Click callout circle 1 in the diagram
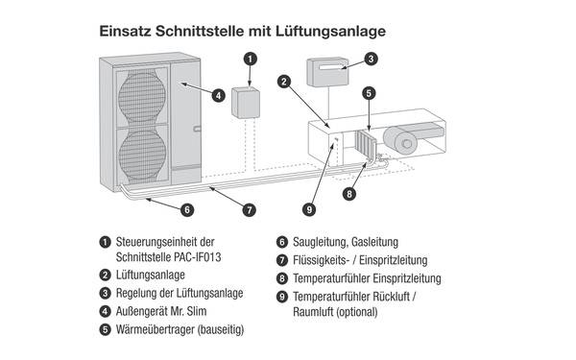[x=251, y=59]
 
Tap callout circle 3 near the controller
[x=371, y=59]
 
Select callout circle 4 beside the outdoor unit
[x=219, y=96]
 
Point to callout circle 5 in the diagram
[x=369, y=93]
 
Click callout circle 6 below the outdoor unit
[x=187, y=209]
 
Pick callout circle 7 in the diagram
[x=250, y=210]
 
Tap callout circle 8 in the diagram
[x=349, y=194]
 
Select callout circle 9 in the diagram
[x=309, y=209]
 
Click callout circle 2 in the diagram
[x=284, y=82]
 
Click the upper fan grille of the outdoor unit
[x=142, y=97]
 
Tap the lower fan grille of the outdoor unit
[x=142, y=155]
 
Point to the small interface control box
[x=246, y=103]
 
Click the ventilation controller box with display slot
[x=327, y=72]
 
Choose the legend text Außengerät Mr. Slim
[x=161, y=311]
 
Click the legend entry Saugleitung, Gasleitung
[x=346, y=242]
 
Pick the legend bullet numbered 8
[x=281, y=278]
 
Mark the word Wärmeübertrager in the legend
[x=156, y=329]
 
